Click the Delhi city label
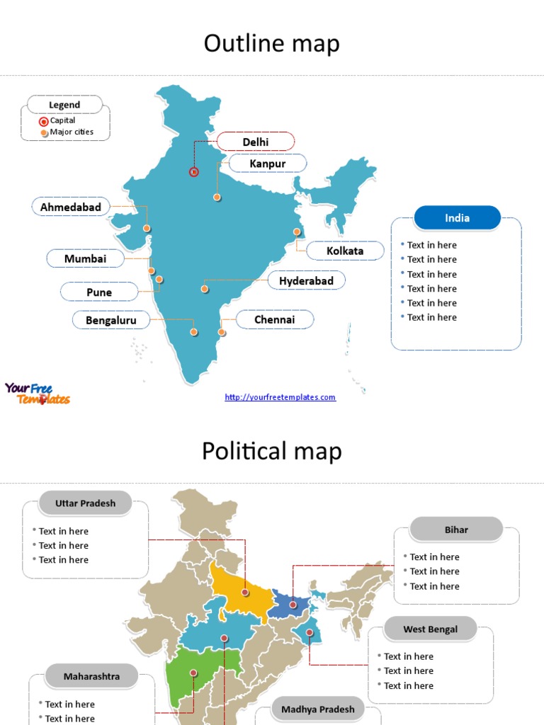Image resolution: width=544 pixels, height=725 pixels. (256, 142)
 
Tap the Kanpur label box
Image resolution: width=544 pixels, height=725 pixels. (268, 164)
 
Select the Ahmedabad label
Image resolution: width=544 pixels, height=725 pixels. (71, 207)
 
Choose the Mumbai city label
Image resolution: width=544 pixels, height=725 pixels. (85, 258)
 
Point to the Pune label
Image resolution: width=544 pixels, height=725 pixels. (99, 292)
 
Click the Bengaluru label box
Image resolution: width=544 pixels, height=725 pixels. (111, 320)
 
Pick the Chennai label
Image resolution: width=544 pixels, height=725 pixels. (274, 319)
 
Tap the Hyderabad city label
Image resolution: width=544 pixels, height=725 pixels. (306, 280)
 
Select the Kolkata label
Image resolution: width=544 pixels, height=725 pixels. (345, 251)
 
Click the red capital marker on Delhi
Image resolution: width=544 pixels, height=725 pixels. (193, 171)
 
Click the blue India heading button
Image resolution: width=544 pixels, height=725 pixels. (457, 218)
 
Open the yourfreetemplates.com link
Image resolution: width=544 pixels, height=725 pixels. (280, 397)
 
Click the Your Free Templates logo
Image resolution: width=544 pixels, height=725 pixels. (37, 393)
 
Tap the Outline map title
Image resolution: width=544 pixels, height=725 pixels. (272, 44)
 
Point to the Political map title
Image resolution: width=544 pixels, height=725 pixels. (272, 451)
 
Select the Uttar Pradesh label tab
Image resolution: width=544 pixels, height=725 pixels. (85, 503)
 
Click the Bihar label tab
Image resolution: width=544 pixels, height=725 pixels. (456, 530)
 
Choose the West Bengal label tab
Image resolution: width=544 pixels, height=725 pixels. (431, 629)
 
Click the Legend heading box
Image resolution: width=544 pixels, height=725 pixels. (64, 105)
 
